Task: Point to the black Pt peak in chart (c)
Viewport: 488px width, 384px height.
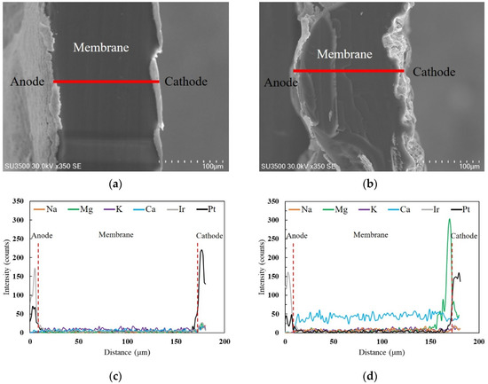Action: (201, 252)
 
